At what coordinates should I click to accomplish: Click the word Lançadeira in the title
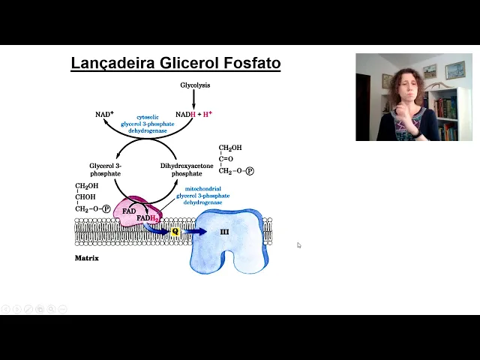click(112, 63)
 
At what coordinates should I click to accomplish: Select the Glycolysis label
click(195, 85)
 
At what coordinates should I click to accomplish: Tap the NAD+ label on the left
click(104, 115)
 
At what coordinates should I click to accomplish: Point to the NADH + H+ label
click(193, 114)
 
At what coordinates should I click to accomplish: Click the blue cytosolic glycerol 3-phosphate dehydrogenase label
click(147, 124)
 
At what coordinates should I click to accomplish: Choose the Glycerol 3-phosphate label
click(105, 169)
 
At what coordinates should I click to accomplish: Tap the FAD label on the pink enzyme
click(129, 211)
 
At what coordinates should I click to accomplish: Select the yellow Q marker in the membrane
click(175, 232)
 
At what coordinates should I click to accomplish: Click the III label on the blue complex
click(224, 232)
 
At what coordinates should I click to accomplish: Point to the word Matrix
click(86, 258)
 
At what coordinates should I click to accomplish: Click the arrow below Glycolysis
click(195, 98)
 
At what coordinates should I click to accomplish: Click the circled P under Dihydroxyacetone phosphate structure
click(250, 171)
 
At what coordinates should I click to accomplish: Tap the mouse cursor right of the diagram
click(298, 244)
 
